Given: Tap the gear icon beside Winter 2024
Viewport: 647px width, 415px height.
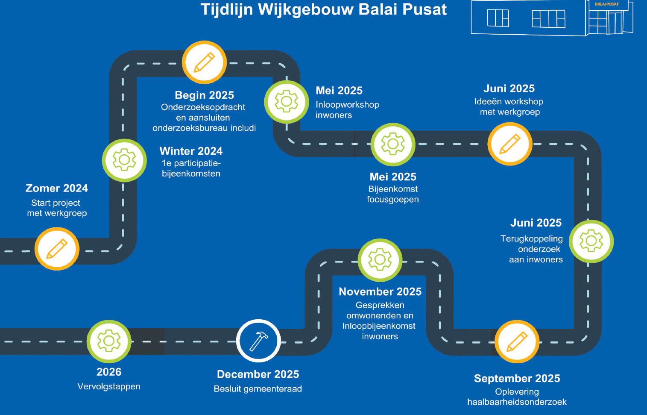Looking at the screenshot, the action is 124,160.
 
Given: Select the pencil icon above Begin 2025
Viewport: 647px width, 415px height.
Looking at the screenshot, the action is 204,62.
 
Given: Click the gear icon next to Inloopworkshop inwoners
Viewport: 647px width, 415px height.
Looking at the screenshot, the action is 286,102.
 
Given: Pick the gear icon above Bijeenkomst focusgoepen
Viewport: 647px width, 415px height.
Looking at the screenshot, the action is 392,144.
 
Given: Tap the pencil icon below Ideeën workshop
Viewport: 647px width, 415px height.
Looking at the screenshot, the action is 509,144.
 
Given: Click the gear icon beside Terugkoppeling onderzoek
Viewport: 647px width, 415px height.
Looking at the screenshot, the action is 591,241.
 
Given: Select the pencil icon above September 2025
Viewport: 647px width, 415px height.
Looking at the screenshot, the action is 516,342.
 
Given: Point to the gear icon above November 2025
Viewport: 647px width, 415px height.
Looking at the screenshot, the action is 379,259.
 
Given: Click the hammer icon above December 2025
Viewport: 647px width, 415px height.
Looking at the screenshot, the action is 258,341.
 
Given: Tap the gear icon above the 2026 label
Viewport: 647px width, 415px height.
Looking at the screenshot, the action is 108,341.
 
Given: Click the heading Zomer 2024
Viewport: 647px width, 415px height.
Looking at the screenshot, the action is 57,188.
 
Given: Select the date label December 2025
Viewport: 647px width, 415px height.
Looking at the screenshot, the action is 258,374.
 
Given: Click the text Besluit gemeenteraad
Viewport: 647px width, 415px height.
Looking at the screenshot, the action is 258,389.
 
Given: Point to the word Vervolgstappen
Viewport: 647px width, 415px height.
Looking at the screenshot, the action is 109,386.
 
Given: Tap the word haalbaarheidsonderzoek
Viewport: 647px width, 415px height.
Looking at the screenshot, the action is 517,402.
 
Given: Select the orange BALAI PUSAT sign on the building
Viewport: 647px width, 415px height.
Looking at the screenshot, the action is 606,4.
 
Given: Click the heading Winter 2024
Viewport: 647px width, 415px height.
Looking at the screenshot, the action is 191,151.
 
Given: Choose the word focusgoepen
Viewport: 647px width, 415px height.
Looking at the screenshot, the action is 392,199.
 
